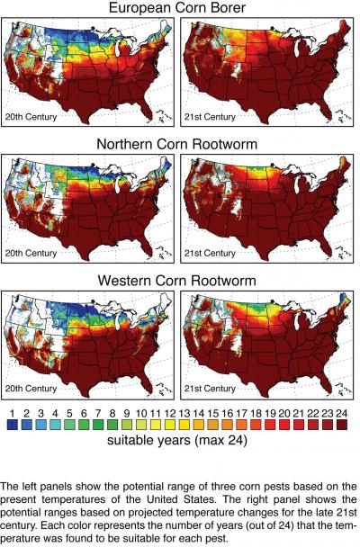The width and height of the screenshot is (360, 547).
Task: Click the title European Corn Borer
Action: (179, 10)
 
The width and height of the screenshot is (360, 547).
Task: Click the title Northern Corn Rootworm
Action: (179, 143)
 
